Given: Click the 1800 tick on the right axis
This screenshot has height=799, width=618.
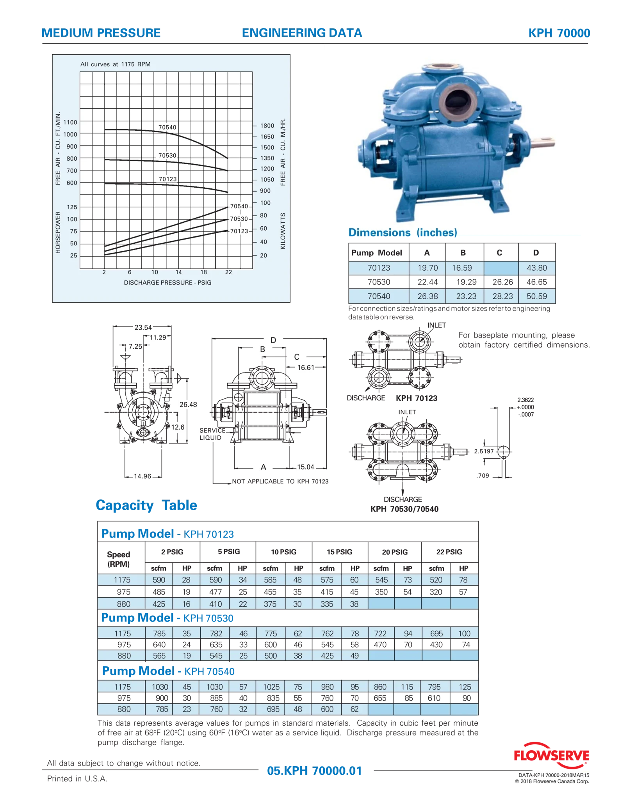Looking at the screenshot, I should (x=267, y=126).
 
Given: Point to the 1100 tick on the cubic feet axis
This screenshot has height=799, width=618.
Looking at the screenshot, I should (x=71, y=122).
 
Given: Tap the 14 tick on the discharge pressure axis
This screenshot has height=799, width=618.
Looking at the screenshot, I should (x=179, y=272).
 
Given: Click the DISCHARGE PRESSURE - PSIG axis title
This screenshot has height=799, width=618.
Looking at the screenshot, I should (x=167, y=282).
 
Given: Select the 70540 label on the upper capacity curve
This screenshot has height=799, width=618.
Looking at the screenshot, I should (x=167, y=127).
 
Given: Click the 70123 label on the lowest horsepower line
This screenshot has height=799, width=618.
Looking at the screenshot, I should (x=239, y=231).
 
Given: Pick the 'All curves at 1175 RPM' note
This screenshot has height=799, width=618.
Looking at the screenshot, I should (x=115, y=64).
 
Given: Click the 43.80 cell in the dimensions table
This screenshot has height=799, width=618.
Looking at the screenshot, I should (x=536, y=268).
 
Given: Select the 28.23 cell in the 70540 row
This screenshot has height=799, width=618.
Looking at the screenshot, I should (x=502, y=296).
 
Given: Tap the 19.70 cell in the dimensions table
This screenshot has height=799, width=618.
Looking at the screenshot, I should (x=427, y=268).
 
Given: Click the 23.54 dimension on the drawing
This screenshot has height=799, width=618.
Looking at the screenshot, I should (x=143, y=328).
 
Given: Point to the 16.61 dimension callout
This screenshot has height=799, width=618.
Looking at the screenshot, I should (x=306, y=368).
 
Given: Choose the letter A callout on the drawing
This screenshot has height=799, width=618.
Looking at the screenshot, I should (x=264, y=467).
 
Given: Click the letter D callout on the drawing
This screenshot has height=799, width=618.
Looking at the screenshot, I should (x=273, y=340).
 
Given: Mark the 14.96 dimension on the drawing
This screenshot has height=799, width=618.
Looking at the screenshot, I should (x=142, y=476).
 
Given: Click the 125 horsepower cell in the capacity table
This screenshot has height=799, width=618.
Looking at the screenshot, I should (x=465, y=687).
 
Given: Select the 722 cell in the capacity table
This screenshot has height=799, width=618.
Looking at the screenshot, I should (x=380, y=634).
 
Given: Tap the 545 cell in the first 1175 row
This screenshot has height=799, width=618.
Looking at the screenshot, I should (x=381, y=580).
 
